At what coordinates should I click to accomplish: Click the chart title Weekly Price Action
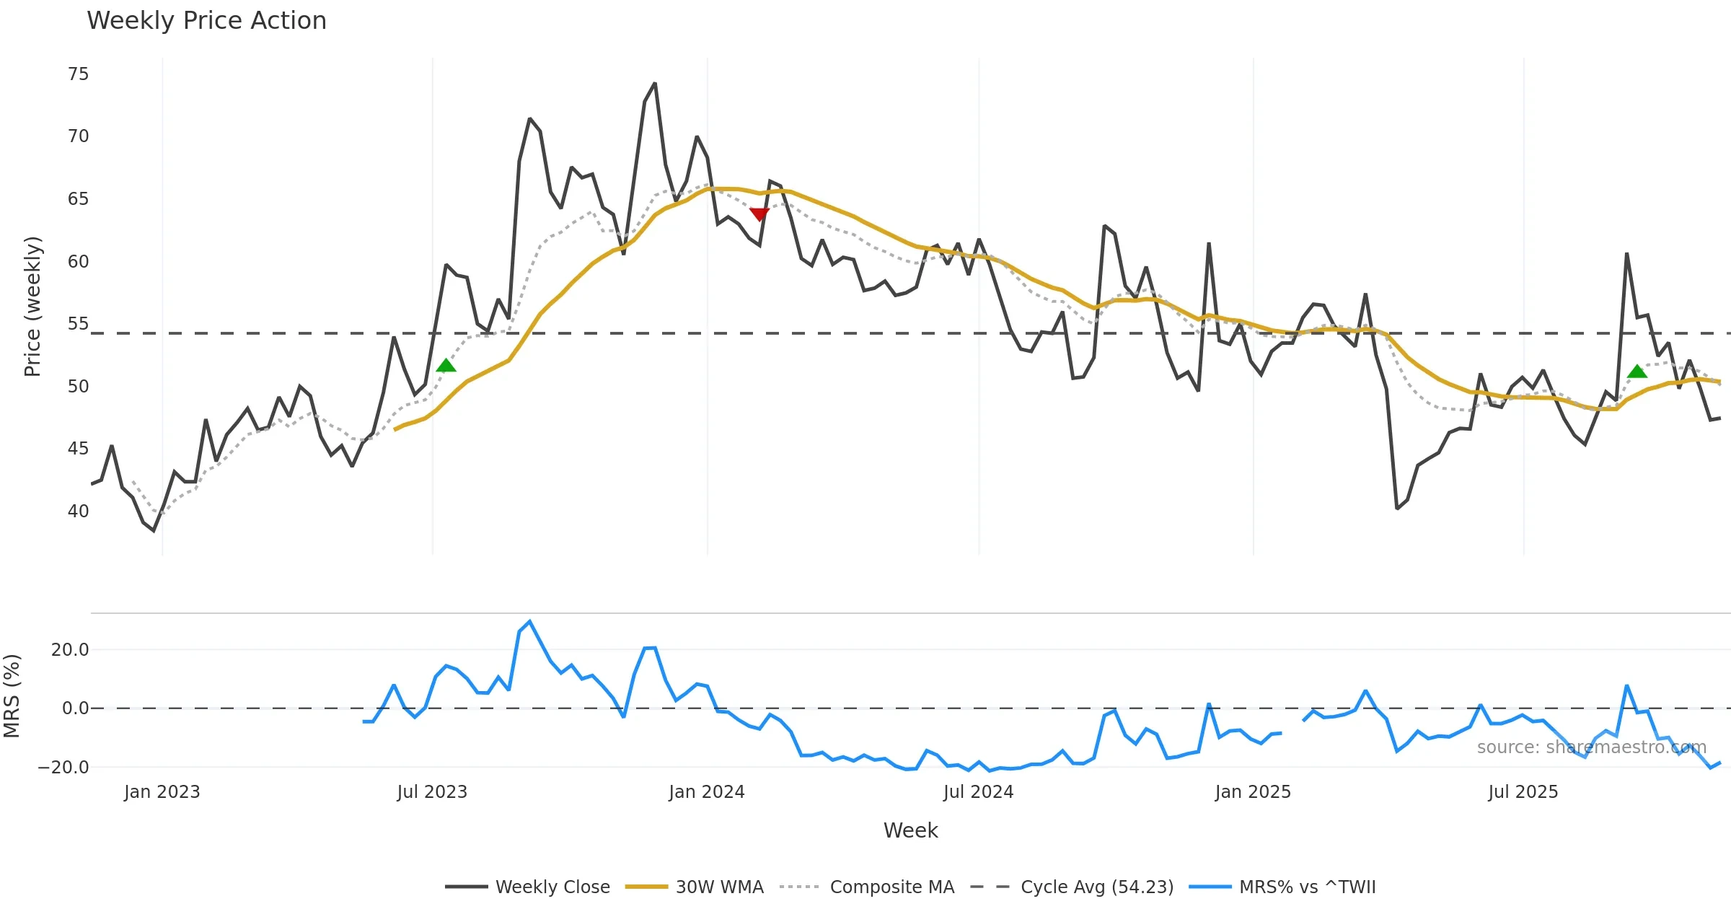[x=206, y=21]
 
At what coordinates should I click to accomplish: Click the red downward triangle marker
[x=759, y=214]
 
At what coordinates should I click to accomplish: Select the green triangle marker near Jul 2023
[x=446, y=366]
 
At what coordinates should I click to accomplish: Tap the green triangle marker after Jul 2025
[x=1637, y=372]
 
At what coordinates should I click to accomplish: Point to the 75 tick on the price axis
[x=78, y=74]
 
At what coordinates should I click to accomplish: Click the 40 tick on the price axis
[x=78, y=511]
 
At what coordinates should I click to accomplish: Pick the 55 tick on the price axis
[x=78, y=324]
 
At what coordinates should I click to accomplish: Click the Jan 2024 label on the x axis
[x=706, y=792]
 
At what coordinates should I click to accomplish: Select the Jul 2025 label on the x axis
[x=1523, y=792]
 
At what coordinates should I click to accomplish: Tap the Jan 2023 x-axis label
[x=162, y=792]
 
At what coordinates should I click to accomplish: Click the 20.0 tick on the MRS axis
[x=70, y=650]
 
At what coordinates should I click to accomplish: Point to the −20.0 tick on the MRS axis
[x=63, y=768]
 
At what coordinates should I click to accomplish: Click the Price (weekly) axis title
[x=32, y=307]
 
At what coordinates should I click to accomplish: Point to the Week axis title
[x=910, y=830]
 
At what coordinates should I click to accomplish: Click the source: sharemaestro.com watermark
[x=1591, y=747]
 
